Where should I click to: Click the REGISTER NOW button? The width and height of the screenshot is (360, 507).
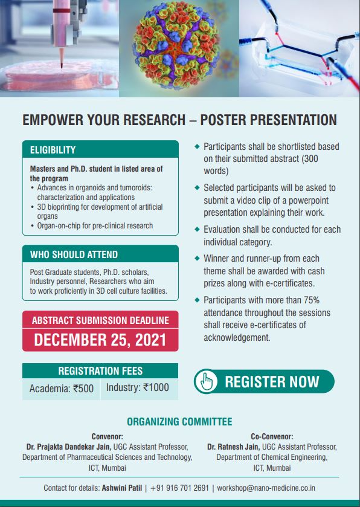(264, 381)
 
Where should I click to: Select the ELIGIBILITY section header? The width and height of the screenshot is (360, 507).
(53, 150)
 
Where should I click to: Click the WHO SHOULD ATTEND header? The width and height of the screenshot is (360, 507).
(74, 254)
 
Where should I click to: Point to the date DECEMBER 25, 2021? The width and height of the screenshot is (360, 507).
(100, 338)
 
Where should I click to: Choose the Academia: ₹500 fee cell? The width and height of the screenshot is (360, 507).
(62, 388)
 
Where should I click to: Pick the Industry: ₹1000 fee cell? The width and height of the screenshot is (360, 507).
(138, 387)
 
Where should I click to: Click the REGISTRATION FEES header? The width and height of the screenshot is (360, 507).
(100, 370)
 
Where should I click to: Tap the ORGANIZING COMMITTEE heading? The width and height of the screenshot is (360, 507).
(179, 422)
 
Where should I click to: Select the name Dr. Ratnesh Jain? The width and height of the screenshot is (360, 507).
(231, 447)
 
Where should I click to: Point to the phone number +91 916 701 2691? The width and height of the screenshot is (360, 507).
(180, 488)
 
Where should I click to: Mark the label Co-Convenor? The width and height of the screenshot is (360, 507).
(272, 436)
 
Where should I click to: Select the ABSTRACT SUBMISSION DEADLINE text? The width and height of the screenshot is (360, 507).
(100, 320)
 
